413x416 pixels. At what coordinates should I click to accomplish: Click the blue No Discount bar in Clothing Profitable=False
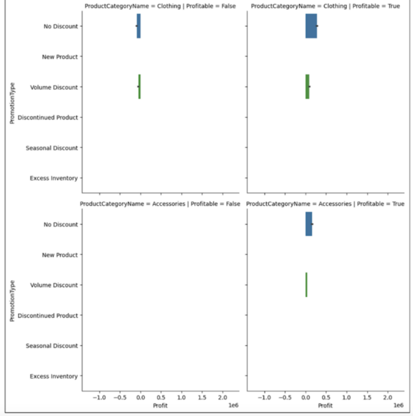click(138, 26)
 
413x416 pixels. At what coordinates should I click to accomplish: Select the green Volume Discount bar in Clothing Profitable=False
click(139, 87)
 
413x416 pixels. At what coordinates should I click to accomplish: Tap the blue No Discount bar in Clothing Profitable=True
click(311, 26)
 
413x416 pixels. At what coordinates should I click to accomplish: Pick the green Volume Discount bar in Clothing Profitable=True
click(307, 87)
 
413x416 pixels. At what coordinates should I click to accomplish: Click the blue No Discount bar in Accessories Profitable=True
click(309, 224)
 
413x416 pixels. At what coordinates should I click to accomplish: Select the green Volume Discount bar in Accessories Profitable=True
click(306, 285)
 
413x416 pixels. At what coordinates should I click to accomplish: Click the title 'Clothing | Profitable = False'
click(160, 6)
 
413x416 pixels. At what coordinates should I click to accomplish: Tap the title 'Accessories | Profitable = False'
click(160, 204)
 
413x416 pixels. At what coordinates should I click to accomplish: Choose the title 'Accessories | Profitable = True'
click(325, 204)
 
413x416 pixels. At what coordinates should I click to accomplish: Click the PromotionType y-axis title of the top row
click(12, 102)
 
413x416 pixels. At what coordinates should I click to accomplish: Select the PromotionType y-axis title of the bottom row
click(12, 300)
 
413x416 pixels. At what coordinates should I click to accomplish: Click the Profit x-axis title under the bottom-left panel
click(160, 405)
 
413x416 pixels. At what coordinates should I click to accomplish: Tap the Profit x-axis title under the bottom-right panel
click(325, 405)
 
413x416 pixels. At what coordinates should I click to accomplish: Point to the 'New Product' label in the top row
click(60, 57)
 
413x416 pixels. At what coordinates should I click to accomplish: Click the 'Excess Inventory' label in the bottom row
click(53, 376)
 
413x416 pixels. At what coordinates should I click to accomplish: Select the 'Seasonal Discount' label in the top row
click(52, 148)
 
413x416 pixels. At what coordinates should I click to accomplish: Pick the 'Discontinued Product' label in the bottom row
click(48, 315)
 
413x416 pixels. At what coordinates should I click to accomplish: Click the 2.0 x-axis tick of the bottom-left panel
click(222, 397)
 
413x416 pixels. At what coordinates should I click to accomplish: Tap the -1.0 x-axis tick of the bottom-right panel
click(264, 397)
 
